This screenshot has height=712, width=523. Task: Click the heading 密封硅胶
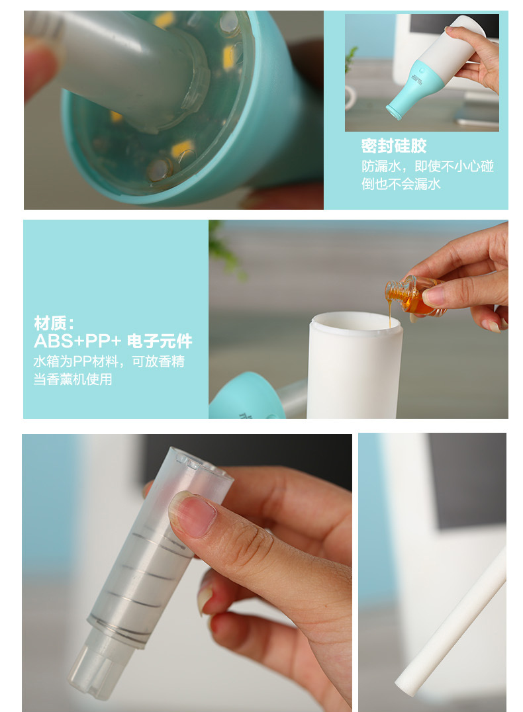394,146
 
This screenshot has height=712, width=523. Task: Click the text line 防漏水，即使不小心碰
427,166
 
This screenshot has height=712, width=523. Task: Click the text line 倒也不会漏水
401,184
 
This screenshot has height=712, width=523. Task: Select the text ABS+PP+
77,341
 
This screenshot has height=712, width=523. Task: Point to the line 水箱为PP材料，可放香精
109,362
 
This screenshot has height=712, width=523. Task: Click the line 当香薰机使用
73,380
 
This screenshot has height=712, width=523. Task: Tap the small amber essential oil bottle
412,295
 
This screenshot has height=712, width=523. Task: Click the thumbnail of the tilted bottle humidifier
422,72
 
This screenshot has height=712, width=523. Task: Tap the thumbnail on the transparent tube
193,514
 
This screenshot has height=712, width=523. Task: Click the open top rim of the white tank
354,322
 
